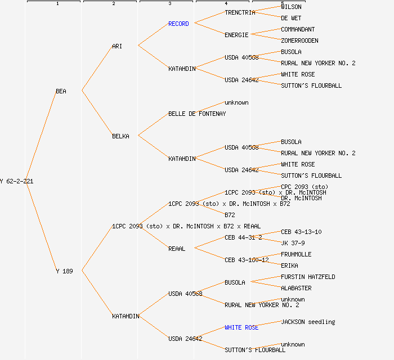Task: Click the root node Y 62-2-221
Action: [17, 181]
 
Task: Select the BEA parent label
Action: [61, 91]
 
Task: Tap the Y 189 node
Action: [64, 271]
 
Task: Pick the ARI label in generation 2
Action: [117, 46]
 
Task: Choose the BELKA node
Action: [120, 136]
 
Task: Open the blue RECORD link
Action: [178, 24]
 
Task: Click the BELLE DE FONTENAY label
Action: [197, 114]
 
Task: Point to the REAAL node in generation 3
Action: [177, 249]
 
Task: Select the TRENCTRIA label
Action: [240, 12]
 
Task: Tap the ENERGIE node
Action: [236, 35]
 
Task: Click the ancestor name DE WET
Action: [291, 18]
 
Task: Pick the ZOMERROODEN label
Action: [299, 40]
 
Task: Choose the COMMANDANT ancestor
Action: [298, 29]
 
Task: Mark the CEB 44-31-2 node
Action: [243, 237]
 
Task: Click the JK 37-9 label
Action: [293, 243]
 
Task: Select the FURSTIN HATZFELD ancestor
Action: [308, 277]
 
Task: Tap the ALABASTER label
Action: [296, 288]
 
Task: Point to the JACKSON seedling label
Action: [308, 322]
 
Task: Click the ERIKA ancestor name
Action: [289, 265]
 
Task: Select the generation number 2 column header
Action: [113, 4]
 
